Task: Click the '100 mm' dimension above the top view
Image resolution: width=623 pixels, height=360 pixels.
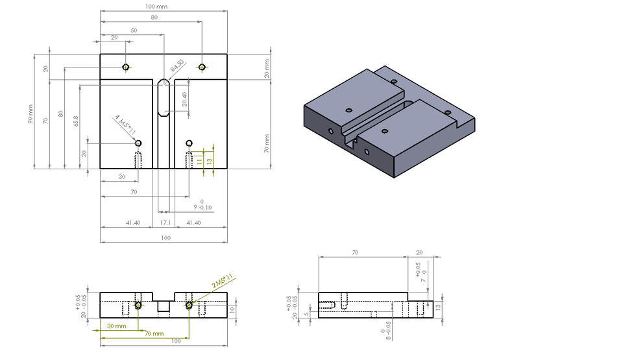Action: pos(158,6)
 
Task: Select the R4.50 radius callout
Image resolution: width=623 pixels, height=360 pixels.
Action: pos(177,66)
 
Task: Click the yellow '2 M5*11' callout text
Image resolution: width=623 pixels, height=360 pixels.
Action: pos(222,283)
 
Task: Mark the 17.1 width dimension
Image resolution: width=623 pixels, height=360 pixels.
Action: pos(165,222)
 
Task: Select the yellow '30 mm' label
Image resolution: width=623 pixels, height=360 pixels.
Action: pos(117,326)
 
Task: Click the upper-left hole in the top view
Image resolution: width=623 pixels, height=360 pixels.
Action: pos(127,67)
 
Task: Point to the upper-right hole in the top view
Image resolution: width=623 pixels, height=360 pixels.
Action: pos(202,67)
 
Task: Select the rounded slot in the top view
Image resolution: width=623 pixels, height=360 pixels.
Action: pos(164,97)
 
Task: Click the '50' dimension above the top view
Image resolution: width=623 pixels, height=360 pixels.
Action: pos(134,30)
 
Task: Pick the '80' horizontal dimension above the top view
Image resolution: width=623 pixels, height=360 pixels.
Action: pos(154,18)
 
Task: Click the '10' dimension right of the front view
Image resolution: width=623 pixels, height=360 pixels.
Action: pos(232,310)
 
